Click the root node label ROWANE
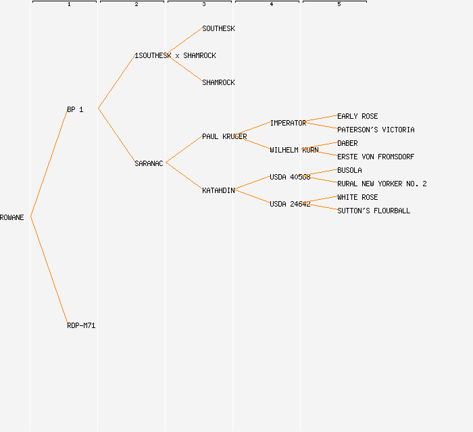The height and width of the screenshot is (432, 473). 12,217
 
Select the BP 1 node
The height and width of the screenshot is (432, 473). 75,109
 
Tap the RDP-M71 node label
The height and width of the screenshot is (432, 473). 81,325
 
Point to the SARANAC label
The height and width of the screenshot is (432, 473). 149,163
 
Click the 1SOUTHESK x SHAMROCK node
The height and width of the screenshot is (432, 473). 175,55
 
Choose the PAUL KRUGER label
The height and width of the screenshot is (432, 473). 224,136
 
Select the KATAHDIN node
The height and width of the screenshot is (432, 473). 218,190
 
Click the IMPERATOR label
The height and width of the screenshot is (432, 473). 288,123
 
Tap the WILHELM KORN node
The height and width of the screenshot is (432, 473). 294,150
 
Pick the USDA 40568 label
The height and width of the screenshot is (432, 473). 290,177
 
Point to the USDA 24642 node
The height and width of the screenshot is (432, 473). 290,204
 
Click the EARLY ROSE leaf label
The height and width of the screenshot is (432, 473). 357,116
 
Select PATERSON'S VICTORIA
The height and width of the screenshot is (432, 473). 376,130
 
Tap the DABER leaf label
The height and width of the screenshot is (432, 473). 347,143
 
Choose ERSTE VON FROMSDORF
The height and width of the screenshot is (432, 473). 376,157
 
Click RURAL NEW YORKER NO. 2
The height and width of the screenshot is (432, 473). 382,184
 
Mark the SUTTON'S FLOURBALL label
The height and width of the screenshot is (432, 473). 374,211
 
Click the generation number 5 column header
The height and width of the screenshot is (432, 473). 339,5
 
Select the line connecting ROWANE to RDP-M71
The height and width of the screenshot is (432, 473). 49,271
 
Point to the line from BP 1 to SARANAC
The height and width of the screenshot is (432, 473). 116,136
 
